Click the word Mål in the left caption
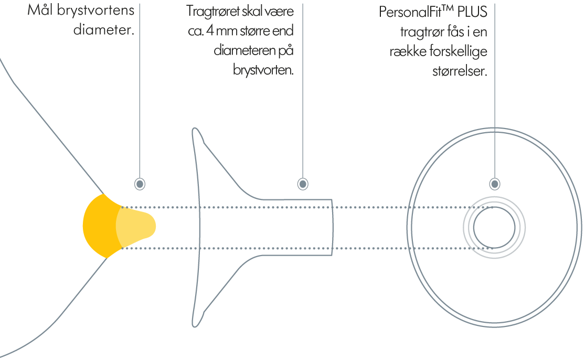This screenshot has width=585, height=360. click(40, 9)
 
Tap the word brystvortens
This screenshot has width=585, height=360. click(95, 10)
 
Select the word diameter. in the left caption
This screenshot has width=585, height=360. click(103, 29)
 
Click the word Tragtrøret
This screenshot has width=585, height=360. click(212, 11)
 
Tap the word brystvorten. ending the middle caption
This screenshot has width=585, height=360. click(263, 69)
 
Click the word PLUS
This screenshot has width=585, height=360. click(472, 12)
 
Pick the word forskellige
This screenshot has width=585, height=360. click(458, 51)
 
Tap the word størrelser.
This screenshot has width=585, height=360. click(460, 70)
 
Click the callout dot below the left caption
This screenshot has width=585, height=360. click(140, 184)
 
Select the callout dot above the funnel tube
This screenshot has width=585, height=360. click(303, 184)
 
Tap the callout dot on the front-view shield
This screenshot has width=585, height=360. click(495, 184)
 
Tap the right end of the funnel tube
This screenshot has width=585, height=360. click(332, 228)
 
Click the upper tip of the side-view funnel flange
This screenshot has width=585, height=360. click(195, 129)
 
